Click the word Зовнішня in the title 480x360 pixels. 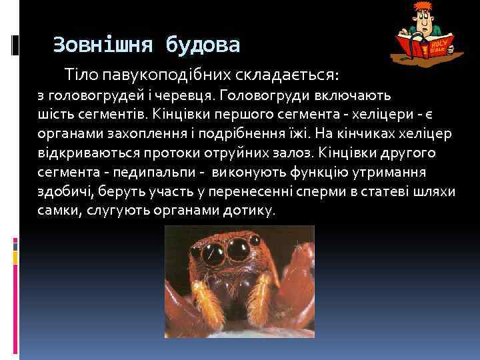pyautogui.click(x=97, y=45)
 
